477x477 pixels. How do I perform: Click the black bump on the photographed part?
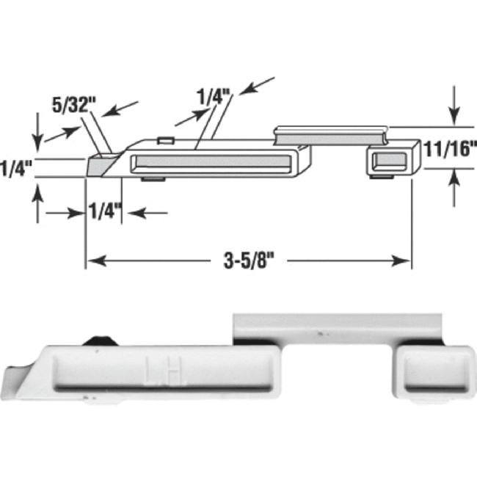coord(100,340)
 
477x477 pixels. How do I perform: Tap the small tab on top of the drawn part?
coord(165,139)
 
